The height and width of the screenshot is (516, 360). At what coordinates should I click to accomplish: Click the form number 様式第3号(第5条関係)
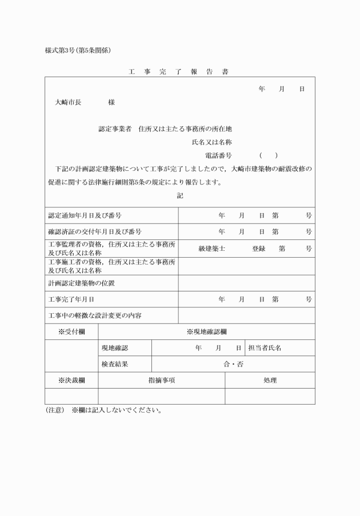point(78,50)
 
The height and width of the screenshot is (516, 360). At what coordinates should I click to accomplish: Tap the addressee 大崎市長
point(68,102)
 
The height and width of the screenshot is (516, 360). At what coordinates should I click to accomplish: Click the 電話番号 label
point(218,155)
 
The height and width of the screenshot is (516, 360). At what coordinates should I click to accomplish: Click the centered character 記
point(180,195)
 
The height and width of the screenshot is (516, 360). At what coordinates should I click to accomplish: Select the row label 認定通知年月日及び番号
point(84,215)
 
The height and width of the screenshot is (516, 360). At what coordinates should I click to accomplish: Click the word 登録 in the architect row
point(259,249)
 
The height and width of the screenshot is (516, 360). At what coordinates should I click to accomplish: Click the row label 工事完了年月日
point(71,299)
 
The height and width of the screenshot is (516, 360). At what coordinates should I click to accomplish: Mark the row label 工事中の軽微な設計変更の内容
point(94,315)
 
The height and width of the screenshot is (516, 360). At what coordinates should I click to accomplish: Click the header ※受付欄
point(71,331)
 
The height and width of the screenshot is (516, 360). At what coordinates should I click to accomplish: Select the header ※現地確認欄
point(206,331)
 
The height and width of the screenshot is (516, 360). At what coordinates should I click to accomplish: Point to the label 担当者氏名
point(264,347)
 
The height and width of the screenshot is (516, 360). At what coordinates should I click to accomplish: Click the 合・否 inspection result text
point(233,364)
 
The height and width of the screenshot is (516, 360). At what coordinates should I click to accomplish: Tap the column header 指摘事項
point(161,380)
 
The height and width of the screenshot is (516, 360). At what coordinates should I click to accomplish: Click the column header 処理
point(270,380)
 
